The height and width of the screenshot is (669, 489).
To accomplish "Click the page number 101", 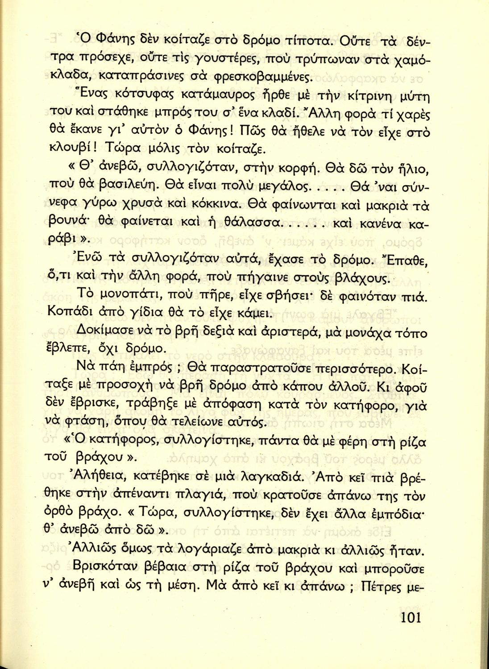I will pyautogui.click(x=410, y=617).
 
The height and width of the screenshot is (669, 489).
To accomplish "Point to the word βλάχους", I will pyautogui.click(x=364, y=279).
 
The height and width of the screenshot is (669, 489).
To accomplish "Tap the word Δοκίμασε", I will pyautogui.click(x=112, y=331).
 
